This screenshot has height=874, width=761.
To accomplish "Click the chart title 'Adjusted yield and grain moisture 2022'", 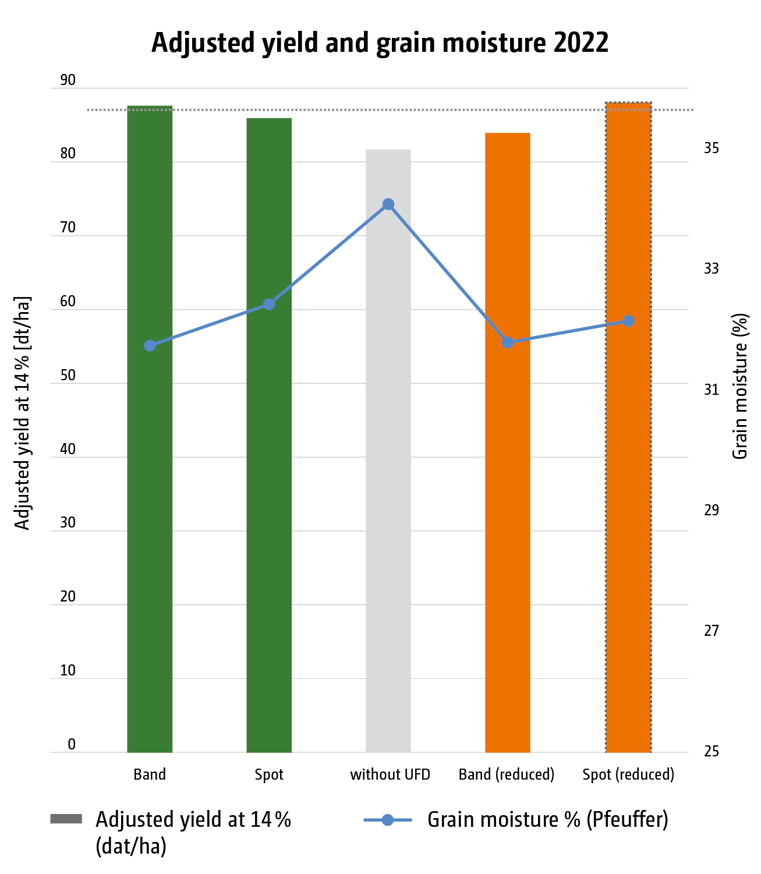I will tap(380, 44).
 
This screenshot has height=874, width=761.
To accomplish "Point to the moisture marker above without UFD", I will tap(388, 204).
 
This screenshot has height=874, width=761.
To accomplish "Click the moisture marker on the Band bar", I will tap(150, 346).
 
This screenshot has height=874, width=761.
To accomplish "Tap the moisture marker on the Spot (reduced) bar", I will tap(628, 321).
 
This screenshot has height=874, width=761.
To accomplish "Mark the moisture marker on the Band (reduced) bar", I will tap(508, 342).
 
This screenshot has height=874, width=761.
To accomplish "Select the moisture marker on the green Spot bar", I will tap(269, 305).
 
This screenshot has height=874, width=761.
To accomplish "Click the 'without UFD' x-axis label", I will tap(390, 775).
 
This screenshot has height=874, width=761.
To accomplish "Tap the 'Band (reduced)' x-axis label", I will tap(507, 775).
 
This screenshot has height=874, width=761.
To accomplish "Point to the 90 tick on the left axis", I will tap(68, 80).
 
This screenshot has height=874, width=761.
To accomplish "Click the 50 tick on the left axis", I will tap(68, 376).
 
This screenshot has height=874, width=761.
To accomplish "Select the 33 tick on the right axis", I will tap(712, 268).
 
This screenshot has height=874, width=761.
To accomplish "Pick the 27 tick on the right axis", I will tap(712, 631).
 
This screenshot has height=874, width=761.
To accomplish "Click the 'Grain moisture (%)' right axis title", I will tap(739, 387).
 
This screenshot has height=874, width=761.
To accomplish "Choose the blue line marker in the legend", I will tap(388, 820).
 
